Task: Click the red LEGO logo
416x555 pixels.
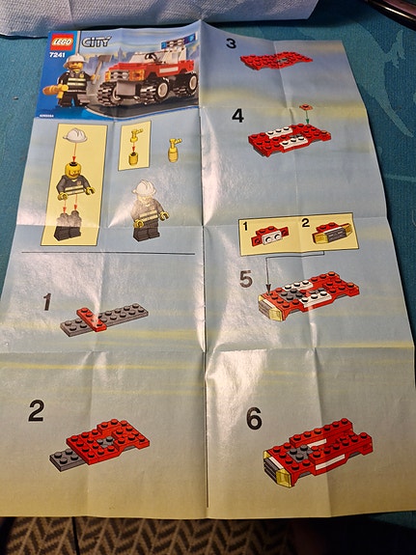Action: coord(60,42)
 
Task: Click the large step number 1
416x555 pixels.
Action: coord(46,302)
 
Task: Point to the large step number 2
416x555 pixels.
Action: coord(36,411)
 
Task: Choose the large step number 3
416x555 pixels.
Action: coord(231,42)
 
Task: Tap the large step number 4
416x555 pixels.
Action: coord(237,117)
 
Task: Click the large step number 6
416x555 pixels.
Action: coord(253,418)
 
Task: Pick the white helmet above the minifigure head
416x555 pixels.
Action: coord(73,138)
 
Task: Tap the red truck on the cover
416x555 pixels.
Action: coord(148,79)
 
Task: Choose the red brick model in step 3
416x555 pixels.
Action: coord(276,60)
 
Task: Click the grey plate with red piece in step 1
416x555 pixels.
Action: coord(104,321)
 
